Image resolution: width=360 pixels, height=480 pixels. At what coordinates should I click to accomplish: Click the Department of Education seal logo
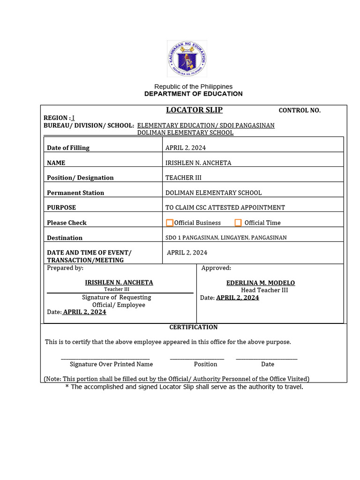pyautogui.click(x=187, y=59)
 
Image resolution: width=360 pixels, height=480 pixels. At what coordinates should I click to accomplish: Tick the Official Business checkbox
pyautogui.click(x=170, y=223)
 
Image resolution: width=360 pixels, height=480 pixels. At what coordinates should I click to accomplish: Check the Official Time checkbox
pyautogui.click(x=238, y=223)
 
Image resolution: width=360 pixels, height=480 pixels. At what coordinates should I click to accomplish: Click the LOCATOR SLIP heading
pyautogui.click(x=194, y=110)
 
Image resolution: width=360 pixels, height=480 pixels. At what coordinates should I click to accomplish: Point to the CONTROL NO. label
pyautogui.click(x=300, y=111)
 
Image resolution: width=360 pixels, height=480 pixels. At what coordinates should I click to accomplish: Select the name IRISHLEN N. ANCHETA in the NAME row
pyautogui.click(x=198, y=163)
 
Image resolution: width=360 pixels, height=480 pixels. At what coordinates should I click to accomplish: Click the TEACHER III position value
pyautogui.click(x=183, y=178)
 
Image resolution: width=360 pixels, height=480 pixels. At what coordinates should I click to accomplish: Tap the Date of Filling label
pyautogui.click(x=68, y=148)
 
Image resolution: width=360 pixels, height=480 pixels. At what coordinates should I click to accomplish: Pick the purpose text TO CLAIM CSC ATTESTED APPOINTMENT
pyautogui.click(x=225, y=208)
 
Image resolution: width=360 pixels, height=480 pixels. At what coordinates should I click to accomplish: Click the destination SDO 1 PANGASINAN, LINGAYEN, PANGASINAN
pyautogui.click(x=226, y=238)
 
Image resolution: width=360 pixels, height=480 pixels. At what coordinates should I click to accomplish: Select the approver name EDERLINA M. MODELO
pyautogui.click(x=261, y=283)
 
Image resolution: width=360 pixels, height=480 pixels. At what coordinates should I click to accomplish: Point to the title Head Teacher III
pyautogui.click(x=264, y=291)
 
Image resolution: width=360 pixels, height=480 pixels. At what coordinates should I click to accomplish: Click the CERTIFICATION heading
pyautogui.click(x=194, y=327)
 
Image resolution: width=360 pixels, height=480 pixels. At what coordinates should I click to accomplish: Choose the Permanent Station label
pyautogui.click(x=75, y=193)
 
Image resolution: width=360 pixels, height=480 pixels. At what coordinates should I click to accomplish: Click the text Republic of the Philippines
pyautogui.click(x=194, y=87)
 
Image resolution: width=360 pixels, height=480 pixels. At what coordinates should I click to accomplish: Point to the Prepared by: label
pyautogui.click(x=65, y=268)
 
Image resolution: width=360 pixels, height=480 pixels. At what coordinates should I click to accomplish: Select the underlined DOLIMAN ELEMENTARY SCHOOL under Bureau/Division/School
pyautogui.click(x=185, y=133)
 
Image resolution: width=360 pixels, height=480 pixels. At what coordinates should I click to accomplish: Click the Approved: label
pyautogui.click(x=216, y=268)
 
